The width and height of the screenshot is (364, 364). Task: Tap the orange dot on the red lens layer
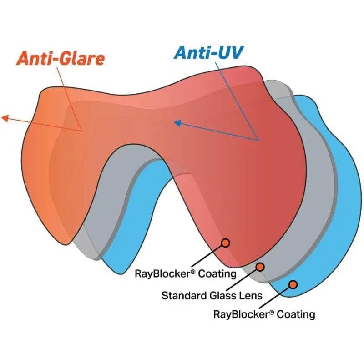click(226, 243)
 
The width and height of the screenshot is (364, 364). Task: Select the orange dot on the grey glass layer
click(260, 267)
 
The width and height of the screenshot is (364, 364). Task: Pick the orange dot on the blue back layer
click(293, 284)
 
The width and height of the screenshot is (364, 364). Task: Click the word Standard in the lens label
click(182, 295)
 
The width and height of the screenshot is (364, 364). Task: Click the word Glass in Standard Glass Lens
click(221, 295)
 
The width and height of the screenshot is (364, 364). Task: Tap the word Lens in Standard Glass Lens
click(251, 295)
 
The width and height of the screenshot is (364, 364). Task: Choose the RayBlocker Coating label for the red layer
click(186, 273)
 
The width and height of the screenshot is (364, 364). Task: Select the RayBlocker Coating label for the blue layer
click(264, 314)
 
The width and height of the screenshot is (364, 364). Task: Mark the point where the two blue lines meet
click(258, 140)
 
